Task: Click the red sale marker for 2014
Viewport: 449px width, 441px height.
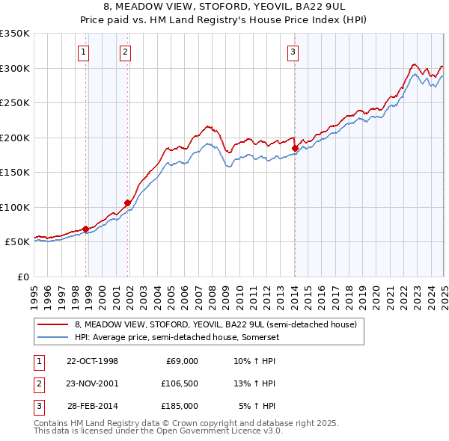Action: click(x=295, y=149)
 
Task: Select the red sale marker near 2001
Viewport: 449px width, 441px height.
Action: click(x=127, y=203)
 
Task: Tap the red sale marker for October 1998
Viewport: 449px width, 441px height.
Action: click(x=85, y=229)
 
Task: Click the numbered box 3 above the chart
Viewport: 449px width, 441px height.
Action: click(x=293, y=52)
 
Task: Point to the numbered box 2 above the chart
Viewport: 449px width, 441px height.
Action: click(x=124, y=52)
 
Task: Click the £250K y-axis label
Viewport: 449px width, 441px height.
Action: click(x=15, y=103)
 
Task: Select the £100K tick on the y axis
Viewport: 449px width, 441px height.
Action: click(x=15, y=207)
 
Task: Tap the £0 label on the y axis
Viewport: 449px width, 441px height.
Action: click(x=22, y=277)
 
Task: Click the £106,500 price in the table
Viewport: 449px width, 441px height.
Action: click(x=179, y=383)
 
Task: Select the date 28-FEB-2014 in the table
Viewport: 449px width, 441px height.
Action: click(x=93, y=406)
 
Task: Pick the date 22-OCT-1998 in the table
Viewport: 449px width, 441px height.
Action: click(x=93, y=361)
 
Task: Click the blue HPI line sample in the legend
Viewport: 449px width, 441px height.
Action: click(x=53, y=336)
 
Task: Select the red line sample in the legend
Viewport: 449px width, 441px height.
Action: click(x=53, y=325)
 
